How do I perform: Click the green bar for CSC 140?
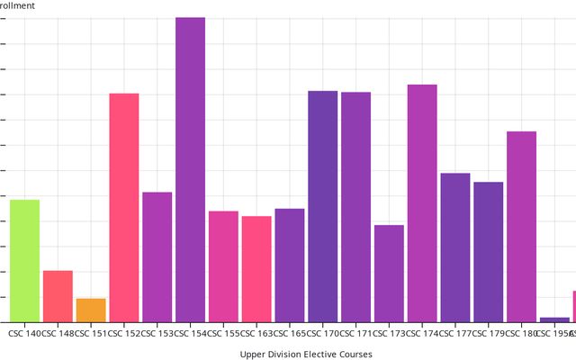click(24, 261)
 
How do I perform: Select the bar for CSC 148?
click(58, 296)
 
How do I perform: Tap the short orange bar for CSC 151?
click(91, 310)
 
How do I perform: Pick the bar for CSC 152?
click(124, 208)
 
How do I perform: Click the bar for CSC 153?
click(157, 257)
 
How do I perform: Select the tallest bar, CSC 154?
click(190, 170)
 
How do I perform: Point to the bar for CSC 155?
click(223, 266)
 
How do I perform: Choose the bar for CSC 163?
click(256, 269)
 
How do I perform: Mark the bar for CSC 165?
click(290, 265)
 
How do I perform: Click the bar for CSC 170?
click(322, 206)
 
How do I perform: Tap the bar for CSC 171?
click(355, 207)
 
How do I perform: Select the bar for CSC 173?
click(389, 274)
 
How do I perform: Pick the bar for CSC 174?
click(422, 203)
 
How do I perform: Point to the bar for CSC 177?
click(455, 247)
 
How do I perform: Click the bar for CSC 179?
click(488, 252)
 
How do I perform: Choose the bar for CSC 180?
click(521, 227)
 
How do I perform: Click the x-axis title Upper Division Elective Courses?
click(306, 355)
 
